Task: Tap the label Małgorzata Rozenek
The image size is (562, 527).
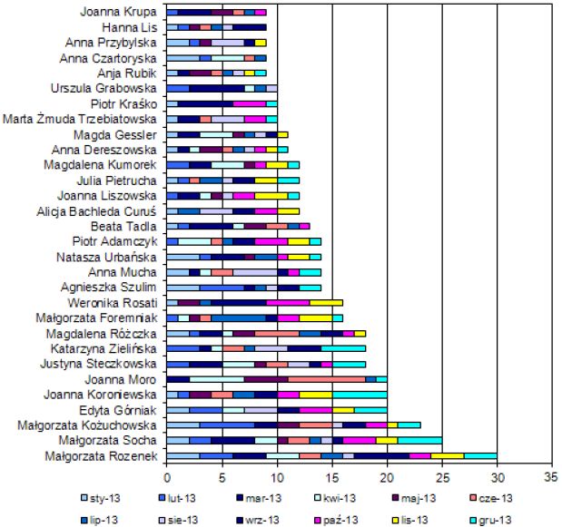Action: (102, 456)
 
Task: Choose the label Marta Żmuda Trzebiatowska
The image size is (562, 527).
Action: (81, 119)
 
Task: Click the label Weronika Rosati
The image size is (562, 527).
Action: (113, 302)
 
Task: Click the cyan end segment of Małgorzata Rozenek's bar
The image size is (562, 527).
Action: (480, 455)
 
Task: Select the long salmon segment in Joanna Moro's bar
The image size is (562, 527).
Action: (327, 379)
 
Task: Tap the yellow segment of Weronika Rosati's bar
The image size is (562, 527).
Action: (327, 302)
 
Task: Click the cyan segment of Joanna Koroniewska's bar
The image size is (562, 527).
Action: (360, 395)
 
